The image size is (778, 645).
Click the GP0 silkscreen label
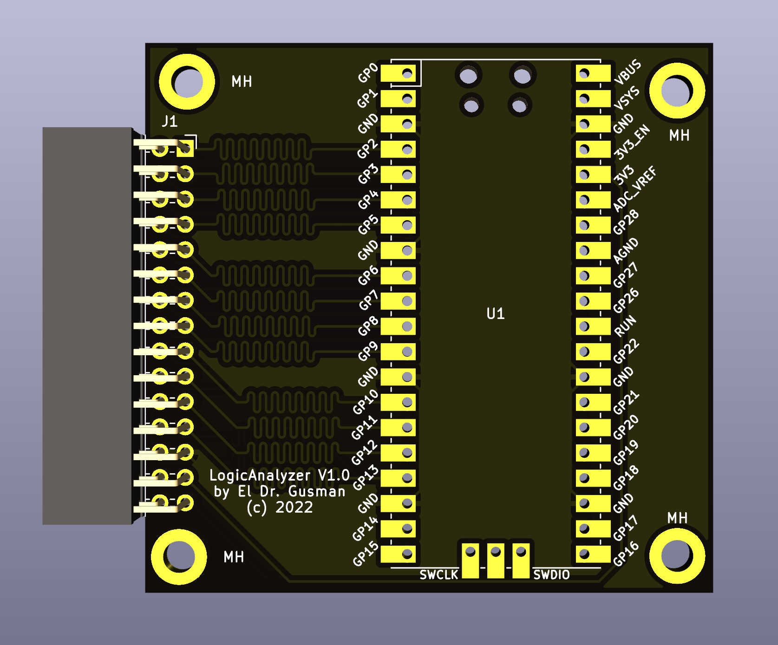click(x=368, y=73)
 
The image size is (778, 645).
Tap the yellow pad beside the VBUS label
click(x=593, y=73)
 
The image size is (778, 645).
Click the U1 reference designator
click(x=495, y=314)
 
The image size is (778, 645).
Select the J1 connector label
click(x=170, y=122)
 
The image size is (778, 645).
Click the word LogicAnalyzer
click(x=260, y=475)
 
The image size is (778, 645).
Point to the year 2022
click(x=294, y=508)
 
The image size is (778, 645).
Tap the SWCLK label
click(x=438, y=575)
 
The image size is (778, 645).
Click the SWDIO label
click(x=551, y=575)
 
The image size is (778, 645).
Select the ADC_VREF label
click(x=634, y=189)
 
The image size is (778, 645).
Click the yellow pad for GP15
click(x=399, y=554)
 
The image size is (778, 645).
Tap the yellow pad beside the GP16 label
click(x=593, y=554)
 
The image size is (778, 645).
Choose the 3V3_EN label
click(x=632, y=142)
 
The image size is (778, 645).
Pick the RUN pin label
click(x=625, y=326)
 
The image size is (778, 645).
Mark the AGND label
click(x=626, y=251)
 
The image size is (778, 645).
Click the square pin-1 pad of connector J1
click(x=185, y=149)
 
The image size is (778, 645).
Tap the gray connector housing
click(x=87, y=326)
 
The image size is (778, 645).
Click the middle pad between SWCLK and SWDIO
click(x=496, y=560)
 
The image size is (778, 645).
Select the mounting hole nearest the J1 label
click(x=187, y=82)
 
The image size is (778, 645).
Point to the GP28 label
click(x=626, y=222)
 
